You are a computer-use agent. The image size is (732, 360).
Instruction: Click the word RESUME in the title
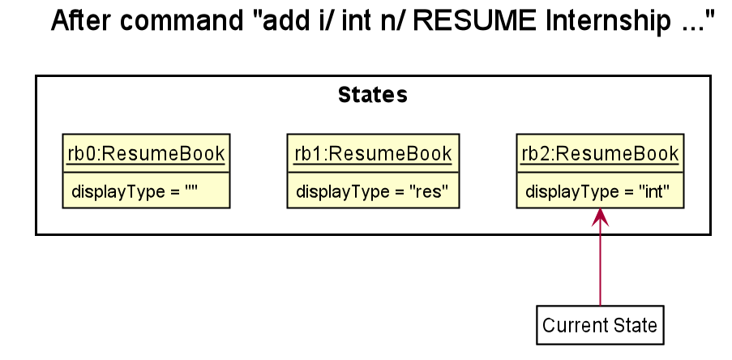pos(474,21)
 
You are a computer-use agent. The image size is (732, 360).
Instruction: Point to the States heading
pos(373,95)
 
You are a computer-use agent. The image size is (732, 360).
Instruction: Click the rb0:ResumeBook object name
pos(146,153)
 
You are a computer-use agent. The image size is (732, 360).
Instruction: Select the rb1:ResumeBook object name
pos(373,153)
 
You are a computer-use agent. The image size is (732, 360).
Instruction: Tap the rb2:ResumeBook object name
pos(600,153)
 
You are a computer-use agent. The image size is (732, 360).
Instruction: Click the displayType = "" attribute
pos(135,191)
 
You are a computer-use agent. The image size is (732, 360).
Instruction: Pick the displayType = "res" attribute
pos(372,191)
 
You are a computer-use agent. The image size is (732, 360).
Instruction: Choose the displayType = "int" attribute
pos(597,191)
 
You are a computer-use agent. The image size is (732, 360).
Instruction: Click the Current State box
pos(600,325)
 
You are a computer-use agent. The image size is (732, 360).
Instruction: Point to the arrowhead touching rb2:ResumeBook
pos(600,216)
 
